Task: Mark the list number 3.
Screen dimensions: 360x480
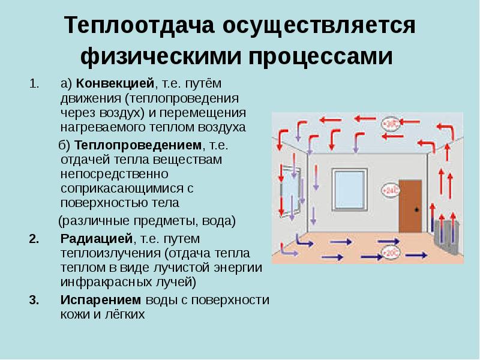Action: pyautogui.click(x=34, y=299)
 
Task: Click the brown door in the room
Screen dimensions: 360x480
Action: pyautogui.click(x=411, y=206)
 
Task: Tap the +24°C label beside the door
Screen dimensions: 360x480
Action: pyautogui.click(x=390, y=191)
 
